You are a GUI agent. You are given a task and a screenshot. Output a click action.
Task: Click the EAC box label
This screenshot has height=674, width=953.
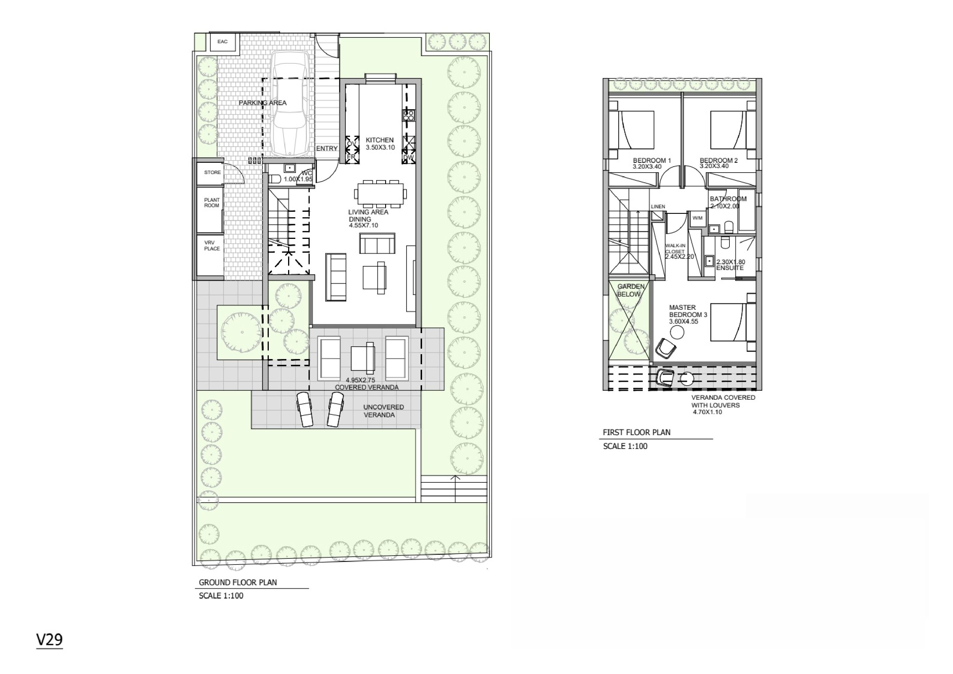tap(222, 41)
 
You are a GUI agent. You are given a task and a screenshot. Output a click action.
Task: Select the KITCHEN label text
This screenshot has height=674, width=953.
tap(379, 140)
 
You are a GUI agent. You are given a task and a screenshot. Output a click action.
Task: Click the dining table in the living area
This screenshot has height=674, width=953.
tap(380, 194)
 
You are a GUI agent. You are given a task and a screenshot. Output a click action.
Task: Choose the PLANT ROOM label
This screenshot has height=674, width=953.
tap(212, 203)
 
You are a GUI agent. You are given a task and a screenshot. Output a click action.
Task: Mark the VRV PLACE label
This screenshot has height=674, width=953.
tap(212, 246)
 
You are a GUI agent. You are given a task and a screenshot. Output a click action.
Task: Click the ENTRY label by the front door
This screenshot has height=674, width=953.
tap(327, 149)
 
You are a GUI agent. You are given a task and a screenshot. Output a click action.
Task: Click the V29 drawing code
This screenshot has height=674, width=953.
tap(49, 640)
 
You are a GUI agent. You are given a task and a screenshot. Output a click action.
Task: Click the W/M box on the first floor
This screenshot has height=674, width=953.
tap(697, 218)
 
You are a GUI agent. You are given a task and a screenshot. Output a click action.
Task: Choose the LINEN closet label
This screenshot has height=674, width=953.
tap(658, 206)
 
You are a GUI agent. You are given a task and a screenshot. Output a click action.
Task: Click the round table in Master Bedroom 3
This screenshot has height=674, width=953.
tap(677, 332)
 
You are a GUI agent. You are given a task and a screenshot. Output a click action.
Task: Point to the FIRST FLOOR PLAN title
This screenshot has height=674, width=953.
tap(636, 432)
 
